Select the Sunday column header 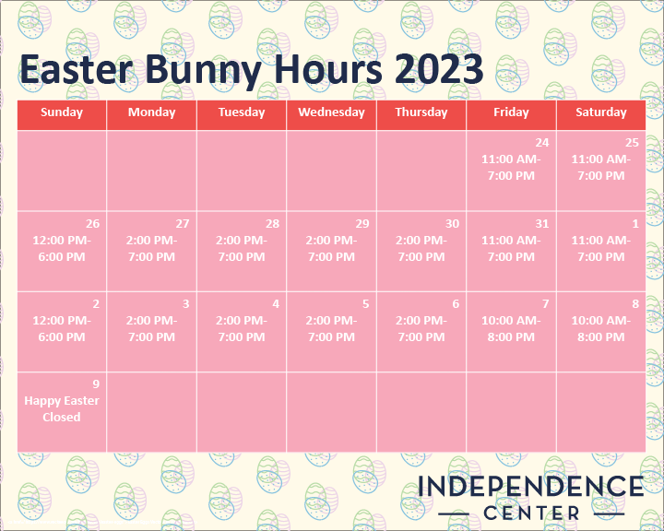(62, 112)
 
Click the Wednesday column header (332, 112)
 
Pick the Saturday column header (601, 112)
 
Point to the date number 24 (542, 143)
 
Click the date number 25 (632, 143)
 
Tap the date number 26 (93, 224)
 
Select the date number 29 (362, 224)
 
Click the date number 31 (542, 224)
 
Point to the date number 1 (635, 224)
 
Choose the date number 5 (365, 303)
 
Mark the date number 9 (96, 384)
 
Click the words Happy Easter (62, 401)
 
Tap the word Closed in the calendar (62, 417)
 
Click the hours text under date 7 (511, 328)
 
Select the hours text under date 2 (62, 328)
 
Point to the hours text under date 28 (242, 249)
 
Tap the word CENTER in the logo (531, 513)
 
